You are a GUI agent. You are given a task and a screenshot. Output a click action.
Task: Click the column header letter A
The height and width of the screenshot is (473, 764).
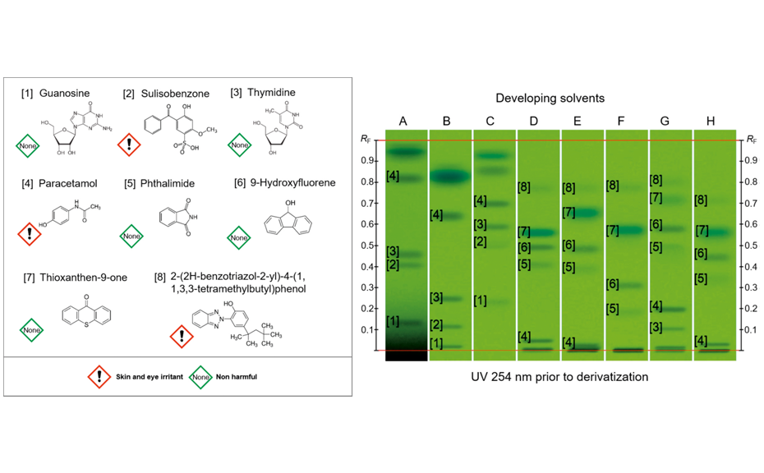(403, 121)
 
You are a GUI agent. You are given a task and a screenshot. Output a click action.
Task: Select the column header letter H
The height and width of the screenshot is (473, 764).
(711, 121)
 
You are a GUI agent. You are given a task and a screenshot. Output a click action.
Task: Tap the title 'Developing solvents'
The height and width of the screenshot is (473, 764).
(550, 98)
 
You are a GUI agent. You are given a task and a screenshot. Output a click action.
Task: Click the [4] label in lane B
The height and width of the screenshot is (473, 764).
(436, 215)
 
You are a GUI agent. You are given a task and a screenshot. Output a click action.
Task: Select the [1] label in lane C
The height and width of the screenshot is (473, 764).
(481, 301)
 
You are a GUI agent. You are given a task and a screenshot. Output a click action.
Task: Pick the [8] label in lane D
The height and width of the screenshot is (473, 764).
(524, 187)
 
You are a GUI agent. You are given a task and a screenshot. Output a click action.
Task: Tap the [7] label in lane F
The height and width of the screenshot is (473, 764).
(612, 231)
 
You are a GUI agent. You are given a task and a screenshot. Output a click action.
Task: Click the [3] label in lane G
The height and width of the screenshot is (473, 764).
(656, 328)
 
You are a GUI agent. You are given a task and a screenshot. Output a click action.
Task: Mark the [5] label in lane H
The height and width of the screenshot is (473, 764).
(701, 279)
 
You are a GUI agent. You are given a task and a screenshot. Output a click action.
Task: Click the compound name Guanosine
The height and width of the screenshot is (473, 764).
(64, 94)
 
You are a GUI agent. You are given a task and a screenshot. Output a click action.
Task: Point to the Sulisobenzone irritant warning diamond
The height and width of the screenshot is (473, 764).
(130, 146)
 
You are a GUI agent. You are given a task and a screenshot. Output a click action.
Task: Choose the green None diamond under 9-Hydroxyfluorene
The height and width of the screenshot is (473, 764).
(238, 237)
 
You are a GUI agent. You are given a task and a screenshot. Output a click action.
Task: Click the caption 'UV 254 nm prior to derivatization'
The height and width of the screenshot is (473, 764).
(550, 377)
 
